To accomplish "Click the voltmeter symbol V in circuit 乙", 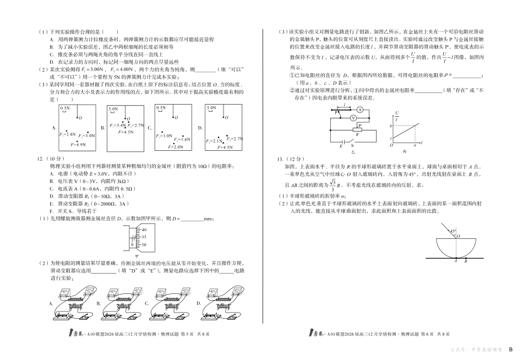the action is pos(353,118).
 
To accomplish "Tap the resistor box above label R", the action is pos(358,130).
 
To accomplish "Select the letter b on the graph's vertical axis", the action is pos(390,127).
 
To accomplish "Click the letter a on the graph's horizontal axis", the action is pos(397,146).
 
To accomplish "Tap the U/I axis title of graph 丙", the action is pos(397,116).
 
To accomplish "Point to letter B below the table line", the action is pos(466,261).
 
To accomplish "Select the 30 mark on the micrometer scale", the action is pos(144,244).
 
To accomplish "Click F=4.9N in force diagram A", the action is pos(78,144).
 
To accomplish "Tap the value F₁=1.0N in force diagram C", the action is pos(165,135).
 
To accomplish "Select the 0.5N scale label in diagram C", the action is pos(162,109).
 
